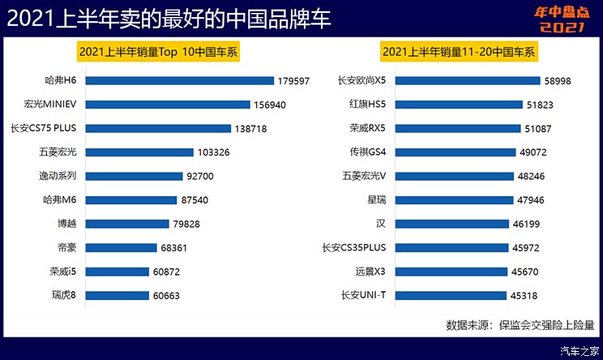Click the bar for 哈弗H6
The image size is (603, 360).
point(179,81)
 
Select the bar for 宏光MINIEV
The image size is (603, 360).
point(167,105)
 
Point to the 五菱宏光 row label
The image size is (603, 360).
point(58,152)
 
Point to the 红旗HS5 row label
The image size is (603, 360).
point(366,105)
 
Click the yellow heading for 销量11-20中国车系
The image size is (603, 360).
point(458,52)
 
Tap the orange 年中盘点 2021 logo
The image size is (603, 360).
point(559,18)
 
